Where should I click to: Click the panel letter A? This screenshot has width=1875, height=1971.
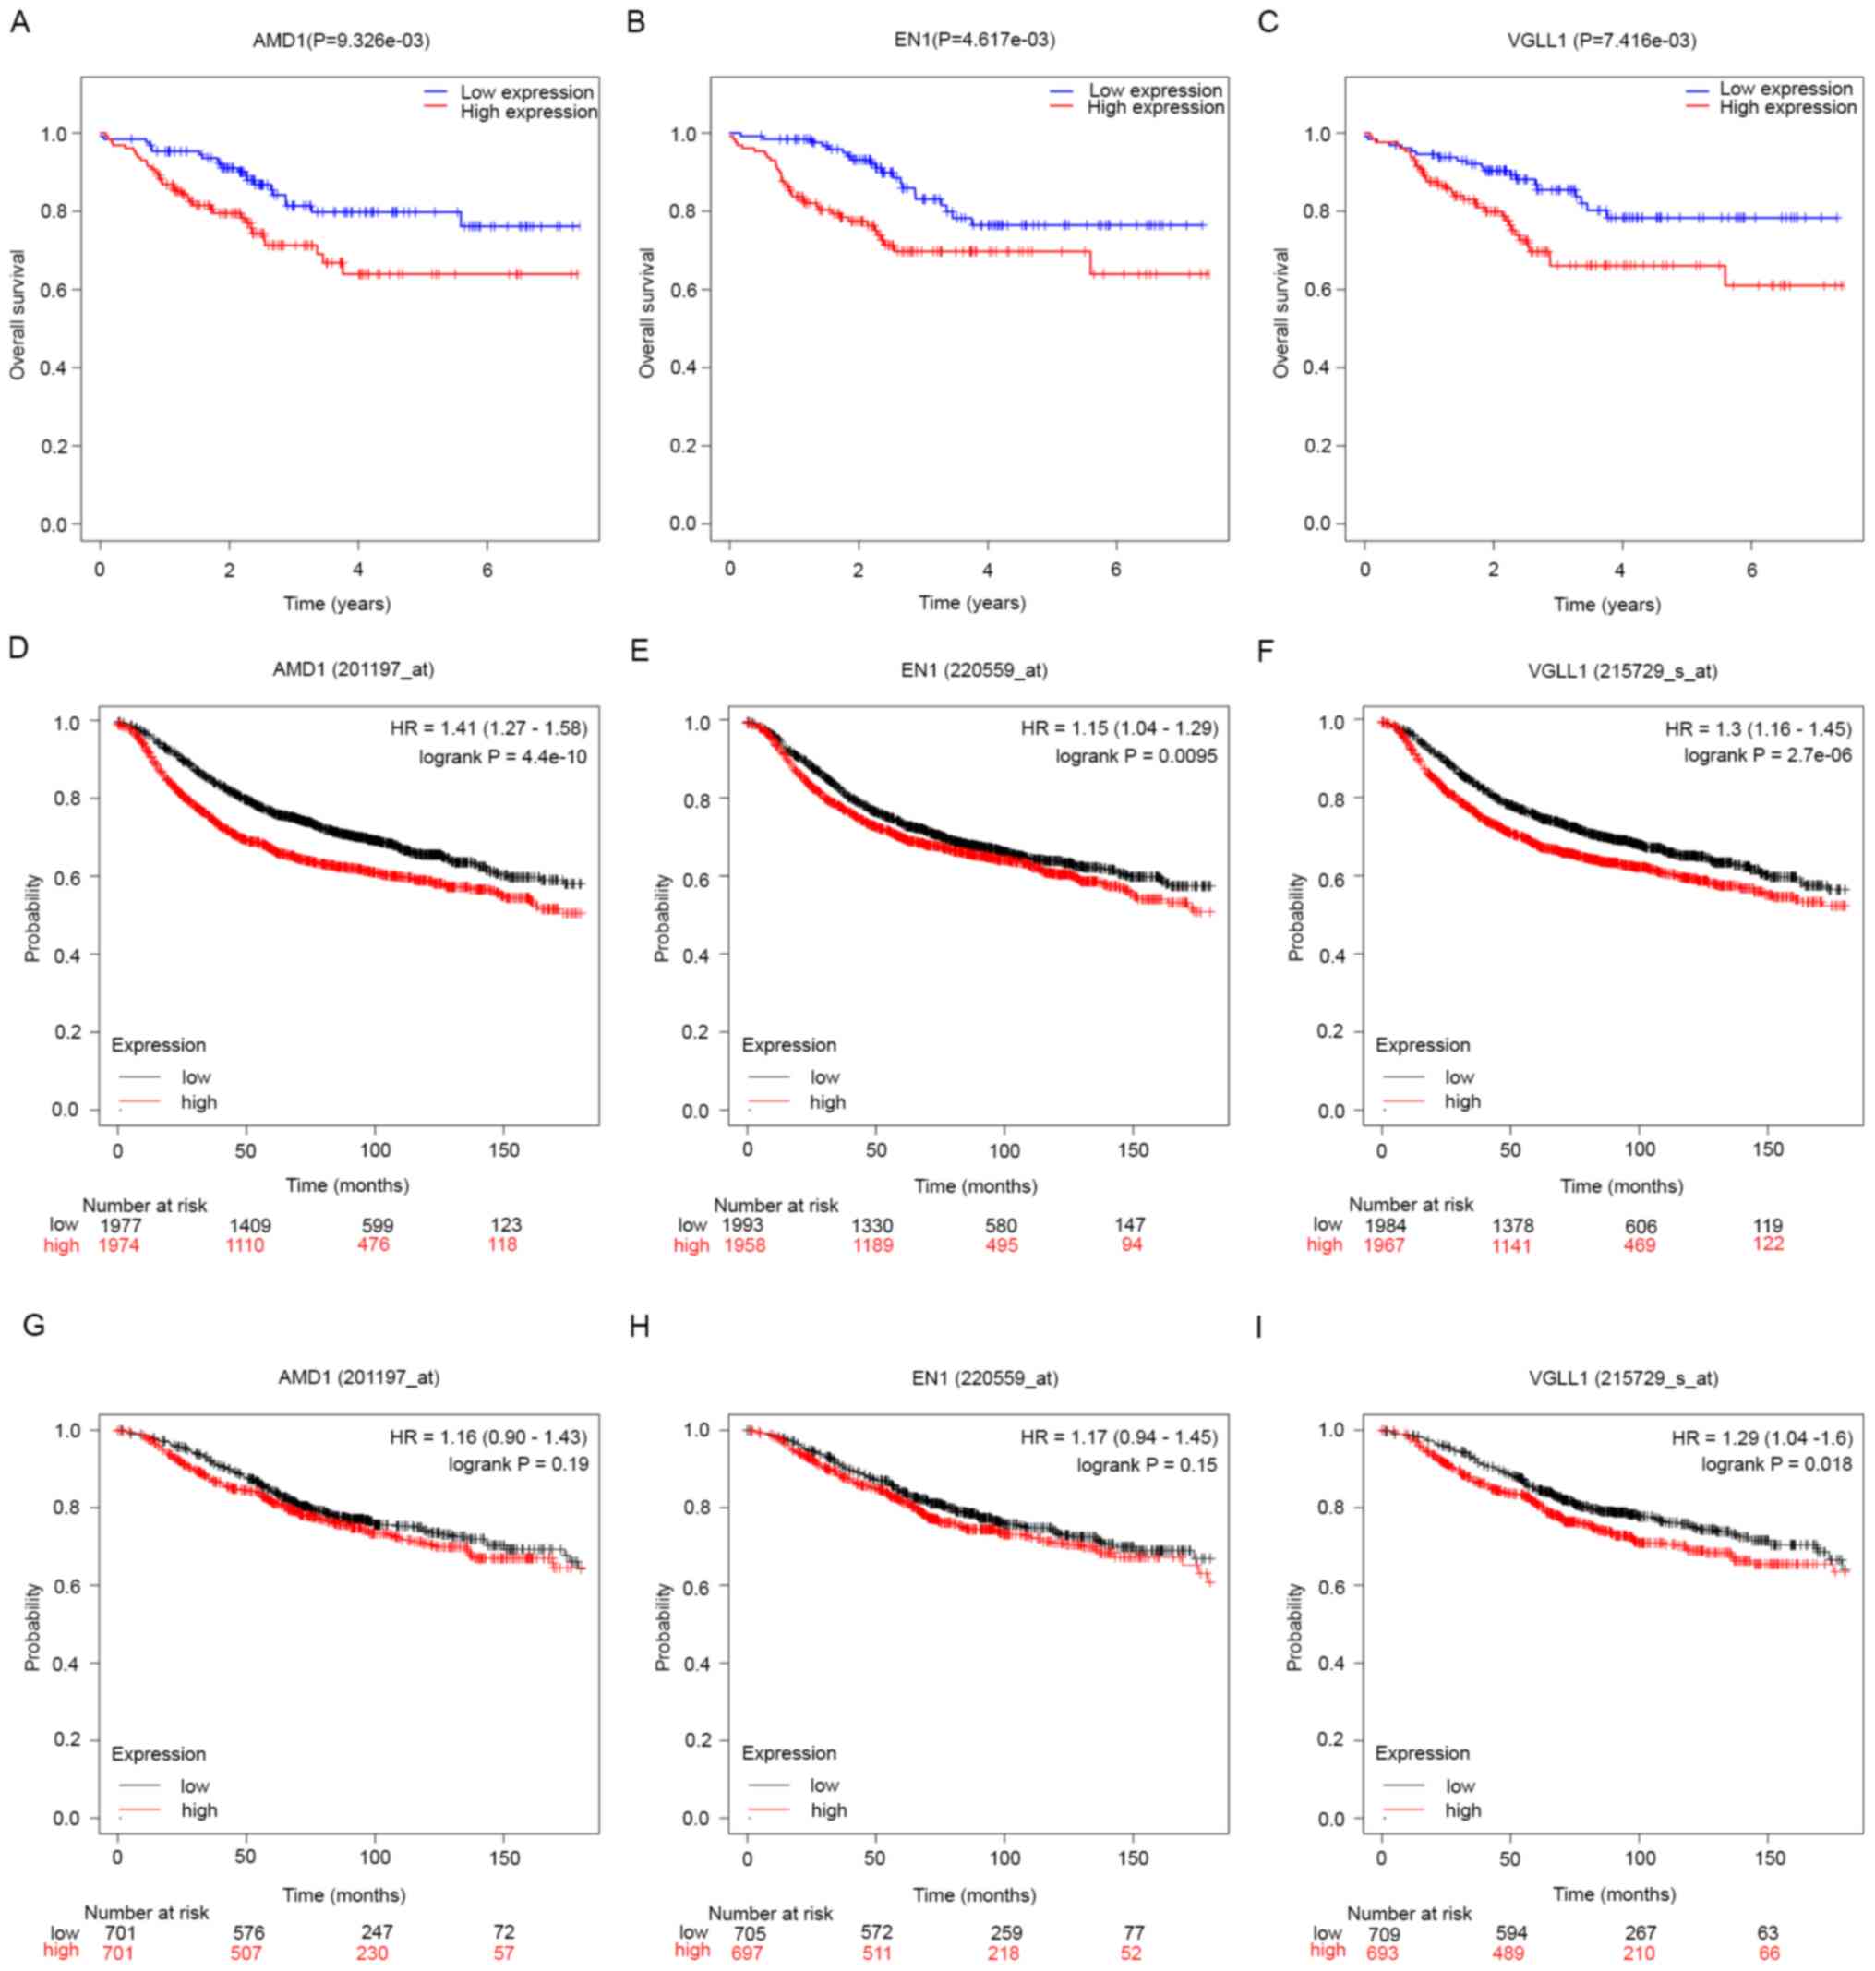point(19,22)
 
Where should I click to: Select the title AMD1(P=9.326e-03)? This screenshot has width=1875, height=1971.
point(341,41)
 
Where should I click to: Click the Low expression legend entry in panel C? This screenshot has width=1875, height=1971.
point(1785,89)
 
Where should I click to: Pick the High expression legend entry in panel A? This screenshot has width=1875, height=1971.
point(528,112)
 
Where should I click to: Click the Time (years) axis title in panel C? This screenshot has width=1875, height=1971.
point(1606,604)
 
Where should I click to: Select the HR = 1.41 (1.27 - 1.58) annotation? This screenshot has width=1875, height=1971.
point(487,727)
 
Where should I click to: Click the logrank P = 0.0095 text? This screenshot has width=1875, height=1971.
point(1136,757)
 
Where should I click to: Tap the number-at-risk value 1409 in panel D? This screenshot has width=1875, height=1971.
point(250,1225)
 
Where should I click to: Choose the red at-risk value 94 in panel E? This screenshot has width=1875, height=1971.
point(1132,1245)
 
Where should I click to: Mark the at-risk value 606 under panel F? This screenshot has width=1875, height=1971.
point(1641,1226)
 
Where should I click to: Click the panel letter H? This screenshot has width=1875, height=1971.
point(640,1327)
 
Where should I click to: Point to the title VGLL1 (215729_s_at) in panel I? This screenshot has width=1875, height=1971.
point(1623,1378)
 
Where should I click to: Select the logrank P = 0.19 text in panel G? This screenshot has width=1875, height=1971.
point(518,1465)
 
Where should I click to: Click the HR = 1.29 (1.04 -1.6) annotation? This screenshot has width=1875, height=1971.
point(1761,1438)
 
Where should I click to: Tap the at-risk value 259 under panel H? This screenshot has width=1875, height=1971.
point(1004,1933)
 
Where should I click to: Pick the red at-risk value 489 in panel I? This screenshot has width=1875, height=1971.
point(1511,1953)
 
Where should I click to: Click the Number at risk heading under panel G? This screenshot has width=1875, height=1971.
point(146,1913)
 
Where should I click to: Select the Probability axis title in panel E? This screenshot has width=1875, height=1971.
point(662,918)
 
